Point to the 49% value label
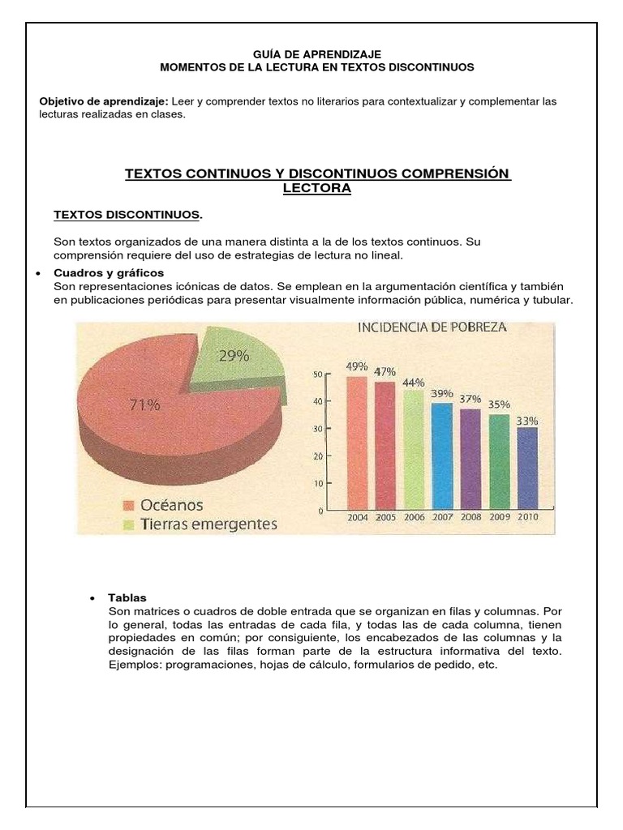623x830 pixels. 358,366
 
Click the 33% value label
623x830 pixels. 528,421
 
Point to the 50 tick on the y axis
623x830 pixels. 318,374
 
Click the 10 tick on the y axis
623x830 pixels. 318,483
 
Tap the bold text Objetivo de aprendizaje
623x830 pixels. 103,101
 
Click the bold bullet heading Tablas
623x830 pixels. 127,597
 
